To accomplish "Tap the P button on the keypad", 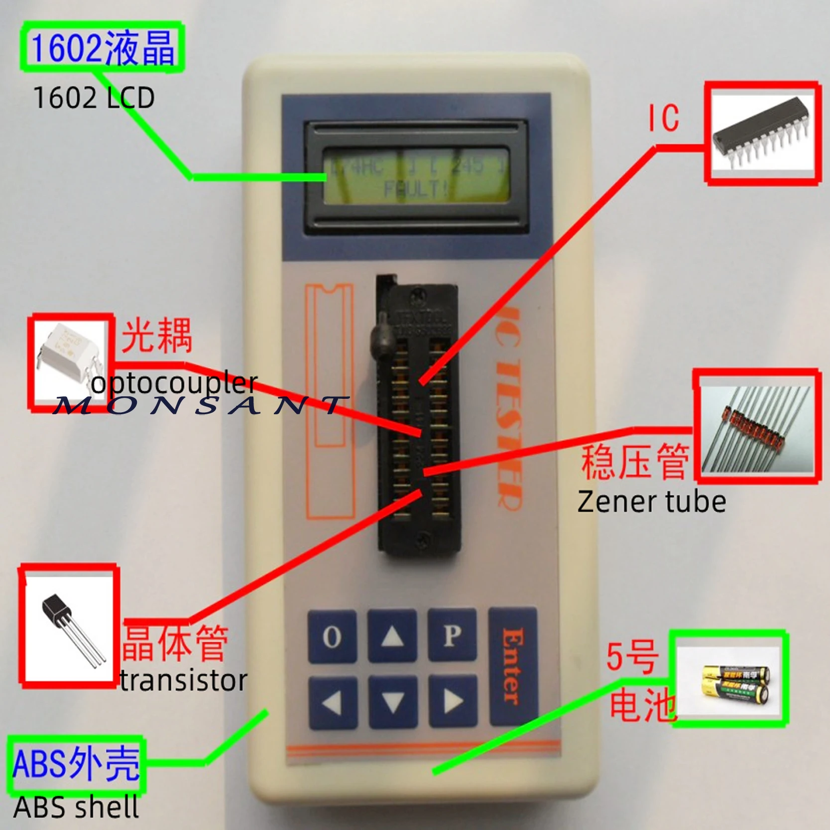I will pos(452,636).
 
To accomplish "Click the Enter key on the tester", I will pos(513,666).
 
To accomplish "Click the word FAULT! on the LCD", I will pos(416,189).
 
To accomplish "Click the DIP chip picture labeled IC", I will pos(762,133).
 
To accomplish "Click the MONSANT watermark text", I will pos(199,405).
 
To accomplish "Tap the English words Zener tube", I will pos(651,502).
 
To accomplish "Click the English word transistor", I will pos(183,681).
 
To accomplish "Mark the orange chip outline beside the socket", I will pos(329,398).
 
